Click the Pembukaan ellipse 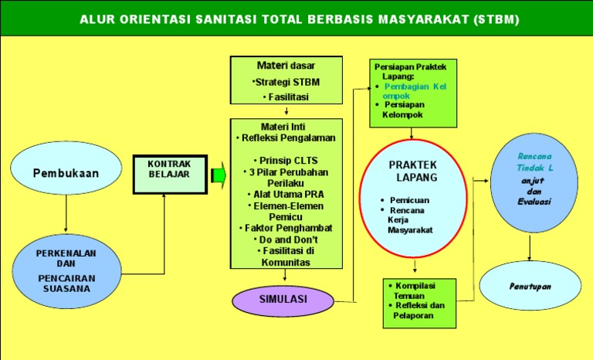[x=66, y=173]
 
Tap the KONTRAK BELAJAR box [x=169, y=169]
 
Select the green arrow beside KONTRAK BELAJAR [x=218, y=176]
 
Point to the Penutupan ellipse [x=529, y=286]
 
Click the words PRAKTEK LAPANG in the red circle [x=413, y=171]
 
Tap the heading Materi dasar [x=286, y=66]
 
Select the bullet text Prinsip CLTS [x=286, y=160]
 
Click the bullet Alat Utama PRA [x=286, y=195]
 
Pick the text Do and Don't [x=286, y=239]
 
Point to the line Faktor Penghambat [x=286, y=229]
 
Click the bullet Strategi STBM [x=286, y=82]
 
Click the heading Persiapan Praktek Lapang [x=410, y=71]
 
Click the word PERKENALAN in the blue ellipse [x=66, y=253]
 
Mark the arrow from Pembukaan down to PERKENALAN [x=66, y=213]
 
